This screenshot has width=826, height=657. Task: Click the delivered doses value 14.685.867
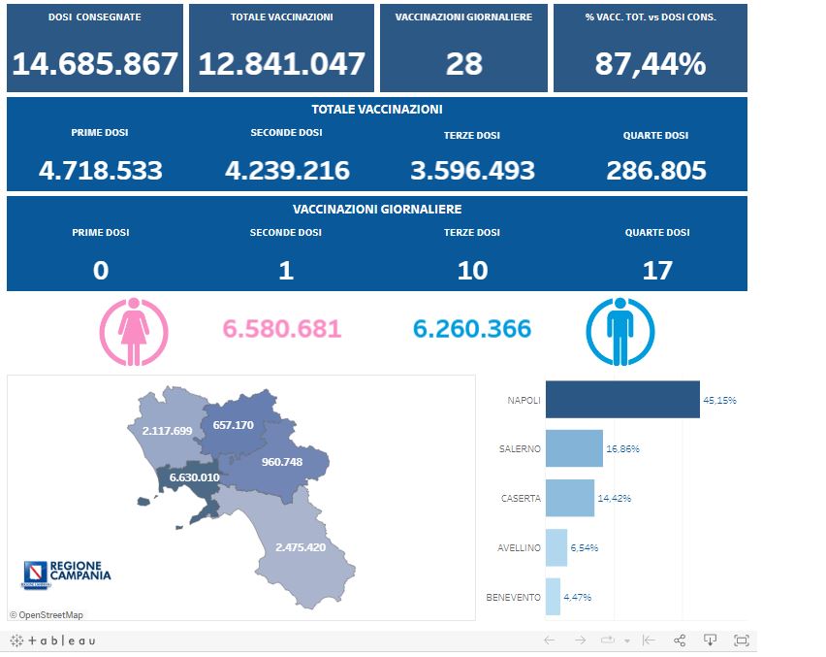coord(95,64)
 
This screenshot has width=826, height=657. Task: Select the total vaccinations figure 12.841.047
coord(281,64)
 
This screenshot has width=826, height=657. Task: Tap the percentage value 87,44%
coord(651,64)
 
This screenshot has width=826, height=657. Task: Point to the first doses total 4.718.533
coord(101,171)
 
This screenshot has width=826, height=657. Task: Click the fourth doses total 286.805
coord(656,171)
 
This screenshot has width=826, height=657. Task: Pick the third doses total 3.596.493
coord(472,171)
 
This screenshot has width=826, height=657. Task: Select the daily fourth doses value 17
coord(657,270)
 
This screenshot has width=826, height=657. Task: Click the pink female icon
coord(134,329)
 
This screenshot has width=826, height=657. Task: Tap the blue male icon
coord(620,329)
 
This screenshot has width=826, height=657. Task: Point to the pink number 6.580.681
coord(282,329)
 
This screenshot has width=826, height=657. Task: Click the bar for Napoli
coord(622,400)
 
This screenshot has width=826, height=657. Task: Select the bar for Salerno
coord(574,448)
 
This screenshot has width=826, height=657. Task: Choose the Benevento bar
coord(553,597)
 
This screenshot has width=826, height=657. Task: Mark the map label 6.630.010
coord(194,477)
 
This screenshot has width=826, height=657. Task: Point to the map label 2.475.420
coord(300,546)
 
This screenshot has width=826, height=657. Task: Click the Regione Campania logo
coord(66,574)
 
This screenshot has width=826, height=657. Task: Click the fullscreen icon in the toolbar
coord(742,641)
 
